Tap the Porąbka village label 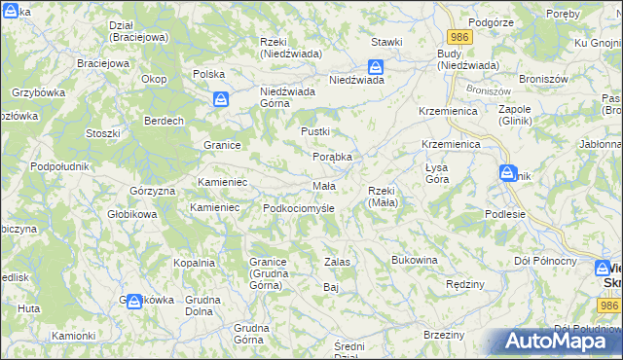pos(332,157)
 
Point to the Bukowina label pos(415,261)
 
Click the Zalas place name pos(337,262)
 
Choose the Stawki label pos(387,43)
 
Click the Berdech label pos(165,121)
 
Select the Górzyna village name pos(151,191)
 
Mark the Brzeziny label pos(444,335)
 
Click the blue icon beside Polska pos(222,99)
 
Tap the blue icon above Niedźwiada pos(375,67)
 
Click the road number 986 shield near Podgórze pos(461,37)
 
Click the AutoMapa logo pos(551,342)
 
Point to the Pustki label pos(315,131)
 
